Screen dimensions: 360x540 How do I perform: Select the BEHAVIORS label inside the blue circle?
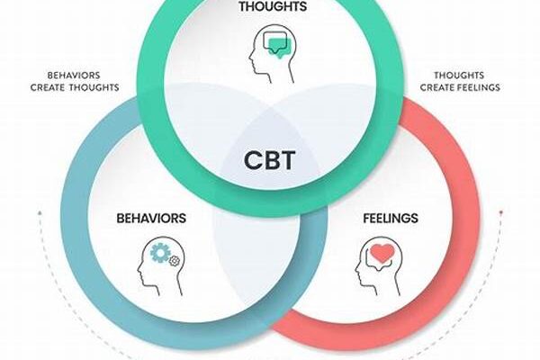(x=151, y=218)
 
